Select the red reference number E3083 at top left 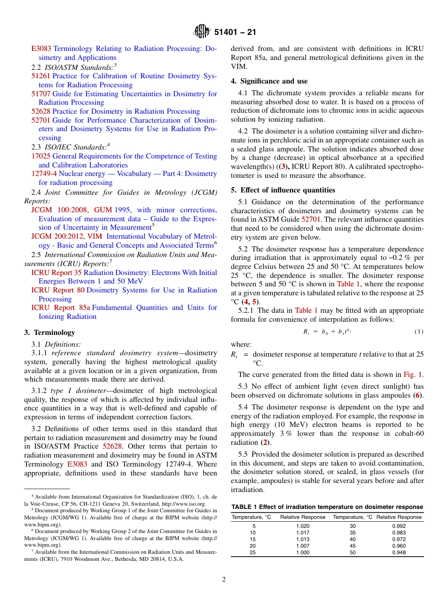[41, 49]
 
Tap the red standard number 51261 [41, 76]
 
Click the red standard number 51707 [41, 94]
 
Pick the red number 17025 [41, 156]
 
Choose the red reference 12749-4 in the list [44, 174]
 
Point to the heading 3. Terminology [50, 333]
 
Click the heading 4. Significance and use [269, 81]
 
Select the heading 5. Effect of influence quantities [283, 190]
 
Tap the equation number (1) [419, 332]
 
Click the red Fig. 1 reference [413, 375]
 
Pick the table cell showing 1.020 [303, 526]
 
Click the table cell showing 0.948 [398, 552]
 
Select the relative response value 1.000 [303, 552]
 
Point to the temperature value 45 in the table [353, 546]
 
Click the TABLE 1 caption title [327, 507]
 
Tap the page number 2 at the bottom [224, 580]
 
